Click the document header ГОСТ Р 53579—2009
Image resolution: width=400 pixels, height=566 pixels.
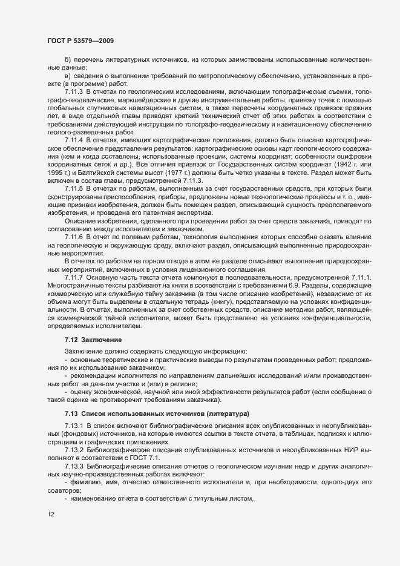point(80,41)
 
